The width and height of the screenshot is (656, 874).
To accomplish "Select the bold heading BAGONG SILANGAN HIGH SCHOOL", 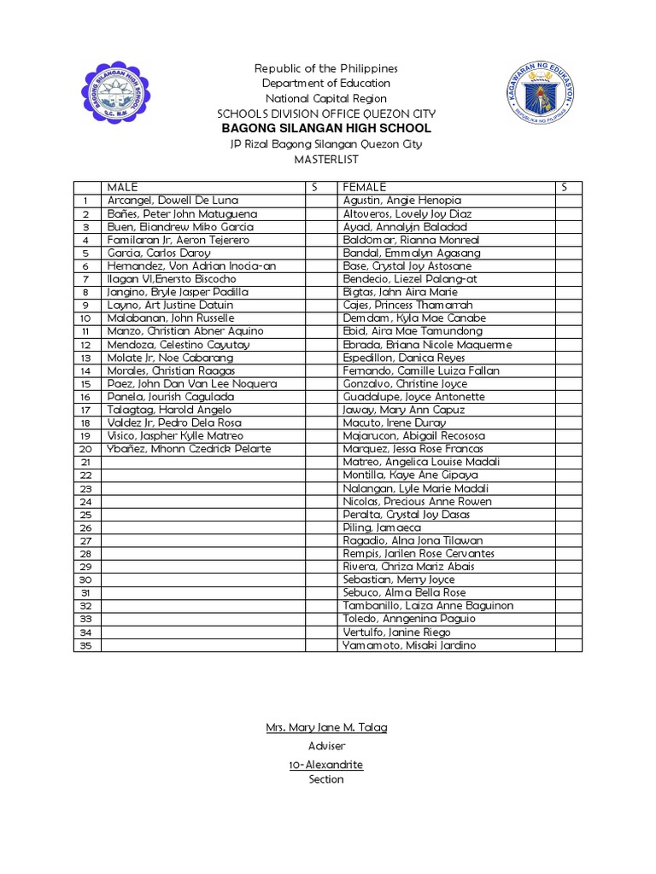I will click(327, 128).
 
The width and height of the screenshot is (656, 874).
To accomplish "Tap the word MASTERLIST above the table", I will click(327, 160).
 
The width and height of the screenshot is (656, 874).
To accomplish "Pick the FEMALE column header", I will click(365, 187).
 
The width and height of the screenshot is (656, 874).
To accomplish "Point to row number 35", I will click(85, 645).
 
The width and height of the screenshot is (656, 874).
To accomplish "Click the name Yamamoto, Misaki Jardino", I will click(409, 645).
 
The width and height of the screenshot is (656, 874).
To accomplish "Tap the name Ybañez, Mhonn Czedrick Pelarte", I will click(189, 449).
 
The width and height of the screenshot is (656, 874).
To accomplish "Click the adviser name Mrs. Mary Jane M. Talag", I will click(326, 727).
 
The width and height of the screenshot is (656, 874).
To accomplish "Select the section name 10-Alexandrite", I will click(326, 765).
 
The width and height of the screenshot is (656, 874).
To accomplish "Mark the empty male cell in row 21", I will click(203, 462).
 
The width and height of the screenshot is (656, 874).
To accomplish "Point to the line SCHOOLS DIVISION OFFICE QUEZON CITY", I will click(326, 114).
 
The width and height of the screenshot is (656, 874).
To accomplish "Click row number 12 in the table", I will click(85, 345).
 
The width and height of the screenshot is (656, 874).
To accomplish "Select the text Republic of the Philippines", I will click(326, 68).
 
